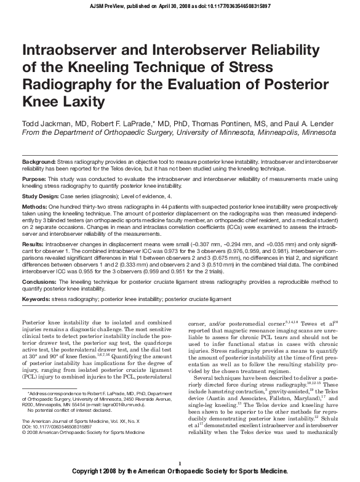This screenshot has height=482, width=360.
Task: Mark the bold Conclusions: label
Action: [x=39, y=281]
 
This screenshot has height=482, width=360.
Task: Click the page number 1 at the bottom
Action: [x=179, y=462]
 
